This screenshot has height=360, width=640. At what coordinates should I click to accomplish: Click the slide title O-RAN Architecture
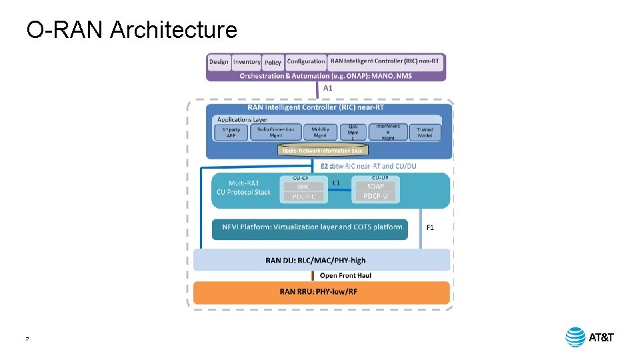click(x=131, y=30)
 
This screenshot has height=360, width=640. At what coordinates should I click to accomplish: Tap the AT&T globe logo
click(x=575, y=337)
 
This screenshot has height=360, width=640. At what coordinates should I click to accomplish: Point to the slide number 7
click(x=27, y=339)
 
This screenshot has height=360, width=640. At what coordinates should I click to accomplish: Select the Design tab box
click(x=219, y=62)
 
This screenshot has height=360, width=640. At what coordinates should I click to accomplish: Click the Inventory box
click(x=246, y=62)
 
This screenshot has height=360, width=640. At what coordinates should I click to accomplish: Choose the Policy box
click(x=273, y=62)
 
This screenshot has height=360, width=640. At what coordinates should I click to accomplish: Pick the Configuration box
click(x=306, y=61)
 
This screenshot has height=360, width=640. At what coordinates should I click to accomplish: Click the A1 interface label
click(x=327, y=87)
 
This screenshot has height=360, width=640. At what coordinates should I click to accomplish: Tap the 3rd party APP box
click(x=231, y=132)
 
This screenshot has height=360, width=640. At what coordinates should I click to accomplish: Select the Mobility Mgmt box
click(x=319, y=132)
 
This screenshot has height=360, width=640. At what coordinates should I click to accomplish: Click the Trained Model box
click(x=425, y=132)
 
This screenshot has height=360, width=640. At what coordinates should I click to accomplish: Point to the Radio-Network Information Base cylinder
click(x=322, y=151)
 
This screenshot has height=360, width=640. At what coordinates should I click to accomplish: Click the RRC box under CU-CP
click(x=304, y=187)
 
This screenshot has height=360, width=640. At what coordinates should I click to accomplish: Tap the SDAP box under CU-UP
click(x=375, y=187)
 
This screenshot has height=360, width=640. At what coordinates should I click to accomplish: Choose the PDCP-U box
click(x=375, y=196)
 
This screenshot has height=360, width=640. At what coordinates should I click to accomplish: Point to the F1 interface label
click(x=430, y=228)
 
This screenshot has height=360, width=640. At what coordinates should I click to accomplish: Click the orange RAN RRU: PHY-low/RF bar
click(x=322, y=292)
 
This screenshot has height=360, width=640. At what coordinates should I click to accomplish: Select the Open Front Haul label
click(x=345, y=275)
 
